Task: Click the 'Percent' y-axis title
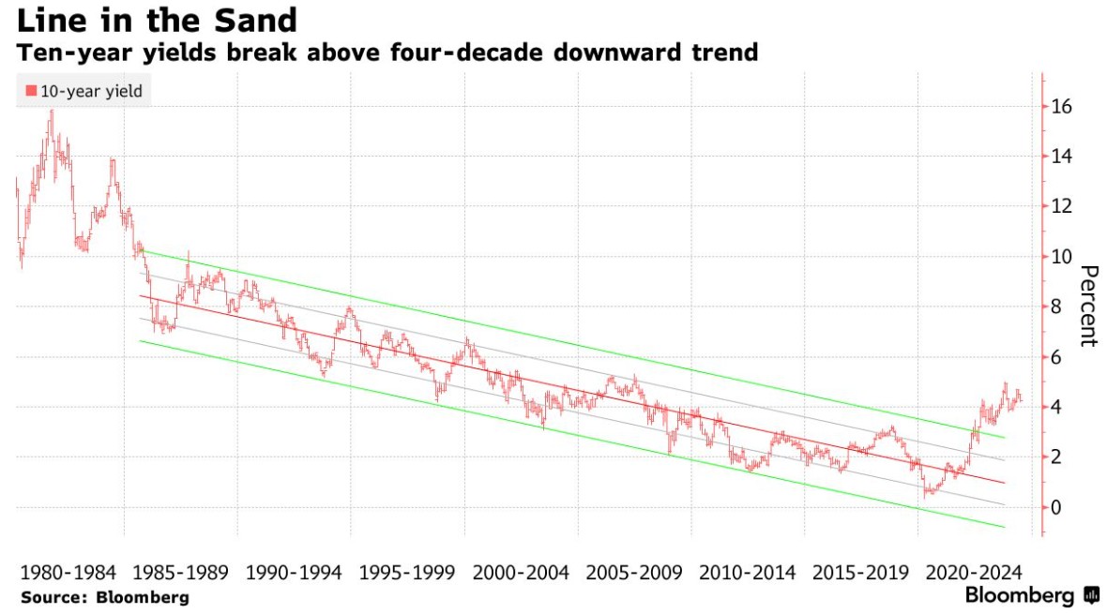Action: tap(1088, 306)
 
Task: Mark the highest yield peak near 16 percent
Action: tap(52, 112)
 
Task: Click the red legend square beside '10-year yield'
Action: tap(31, 91)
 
